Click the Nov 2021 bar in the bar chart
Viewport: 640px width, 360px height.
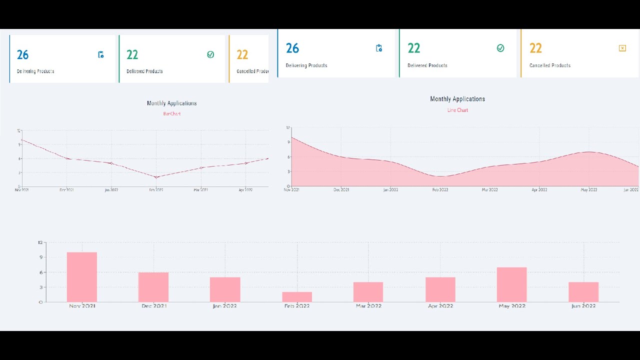click(x=82, y=277)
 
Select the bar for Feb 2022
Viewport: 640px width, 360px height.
click(x=297, y=296)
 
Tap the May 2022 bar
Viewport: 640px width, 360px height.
click(x=511, y=284)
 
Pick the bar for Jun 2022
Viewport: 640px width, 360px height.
click(x=583, y=292)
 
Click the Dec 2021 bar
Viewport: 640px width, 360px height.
click(x=153, y=287)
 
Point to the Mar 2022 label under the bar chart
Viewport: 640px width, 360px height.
click(x=368, y=305)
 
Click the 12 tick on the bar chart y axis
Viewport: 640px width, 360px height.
click(x=40, y=242)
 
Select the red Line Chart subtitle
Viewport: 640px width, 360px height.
click(x=457, y=110)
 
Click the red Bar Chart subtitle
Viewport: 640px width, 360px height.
click(x=171, y=114)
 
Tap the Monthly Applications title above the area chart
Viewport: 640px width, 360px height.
click(x=457, y=99)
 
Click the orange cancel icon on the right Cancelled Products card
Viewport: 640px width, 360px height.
click(x=622, y=48)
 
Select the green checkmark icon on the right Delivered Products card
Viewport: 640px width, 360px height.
click(x=500, y=48)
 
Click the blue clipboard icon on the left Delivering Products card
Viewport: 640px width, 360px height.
click(x=101, y=55)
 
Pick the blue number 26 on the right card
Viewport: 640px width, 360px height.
click(x=292, y=48)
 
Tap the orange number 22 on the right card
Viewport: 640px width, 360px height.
click(x=535, y=48)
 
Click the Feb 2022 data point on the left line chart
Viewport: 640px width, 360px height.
click(x=156, y=177)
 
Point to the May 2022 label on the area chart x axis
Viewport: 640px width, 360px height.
click(x=589, y=190)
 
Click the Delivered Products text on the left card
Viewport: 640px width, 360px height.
click(x=144, y=71)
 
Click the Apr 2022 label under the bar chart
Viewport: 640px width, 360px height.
click(x=440, y=305)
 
